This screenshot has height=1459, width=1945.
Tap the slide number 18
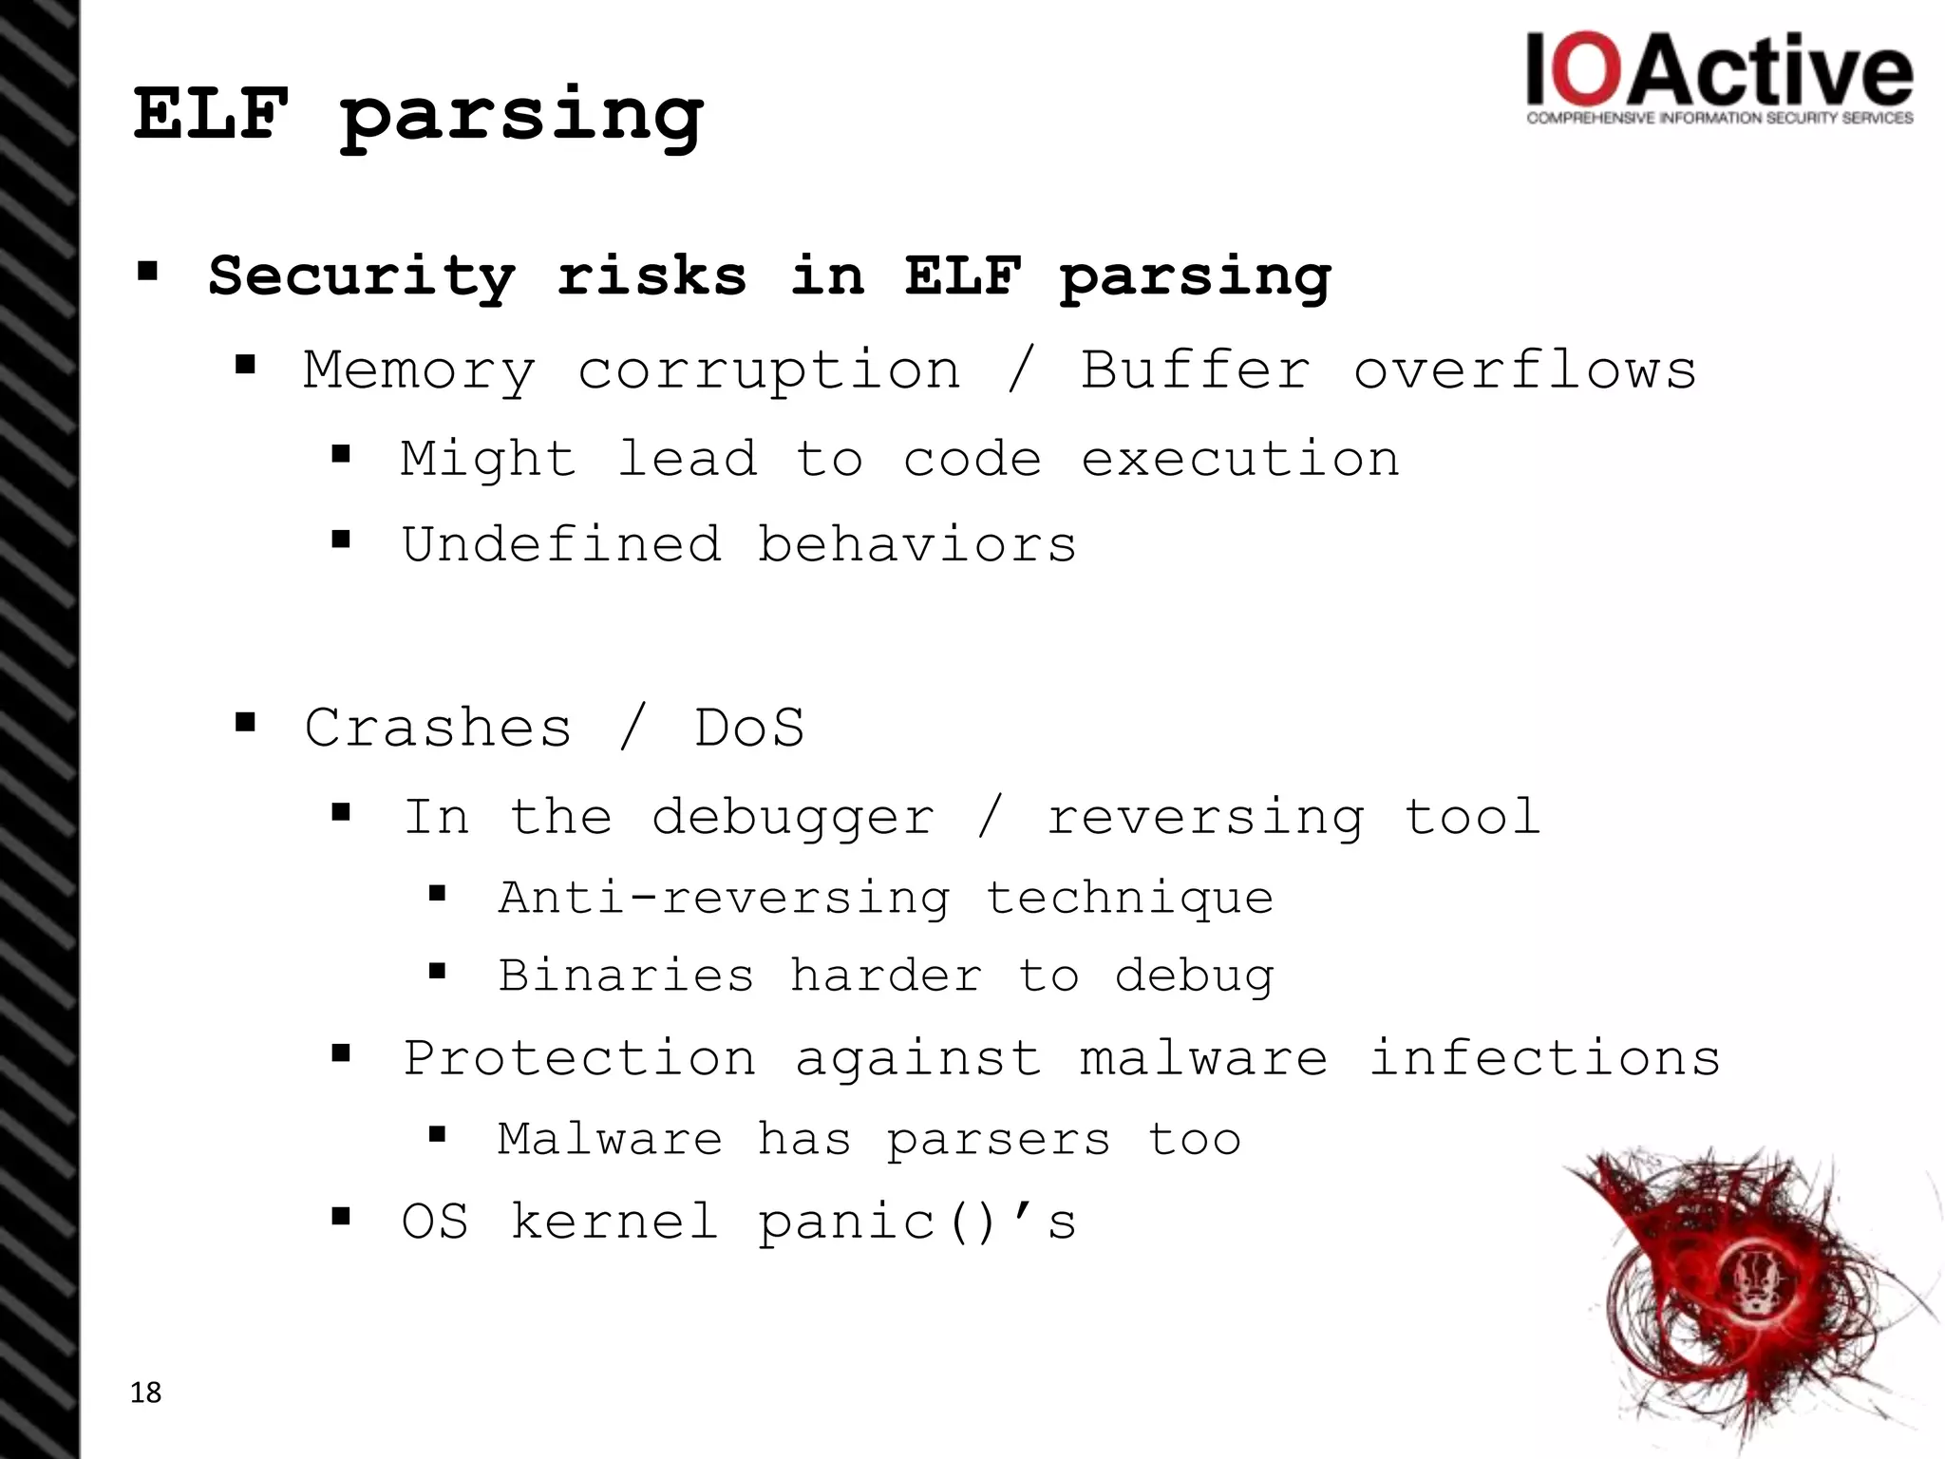point(145,1393)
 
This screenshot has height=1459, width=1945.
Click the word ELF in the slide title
point(211,114)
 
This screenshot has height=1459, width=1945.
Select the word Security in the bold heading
point(361,276)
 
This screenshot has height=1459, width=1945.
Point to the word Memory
point(419,370)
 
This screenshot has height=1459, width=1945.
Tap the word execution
point(1239,460)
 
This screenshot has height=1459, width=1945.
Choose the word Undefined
point(561,545)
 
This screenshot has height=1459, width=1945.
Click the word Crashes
point(438,729)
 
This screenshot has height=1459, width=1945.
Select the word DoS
point(749,729)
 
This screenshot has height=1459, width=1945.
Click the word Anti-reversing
point(724,899)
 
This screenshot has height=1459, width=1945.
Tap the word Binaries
point(626,976)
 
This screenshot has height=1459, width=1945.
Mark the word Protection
point(579,1058)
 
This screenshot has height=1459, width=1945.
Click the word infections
point(1544,1058)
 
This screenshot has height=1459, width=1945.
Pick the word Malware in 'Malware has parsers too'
point(610,1139)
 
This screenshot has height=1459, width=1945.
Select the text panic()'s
point(916,1222)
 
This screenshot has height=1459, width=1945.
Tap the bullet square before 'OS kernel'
point(341,1216)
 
